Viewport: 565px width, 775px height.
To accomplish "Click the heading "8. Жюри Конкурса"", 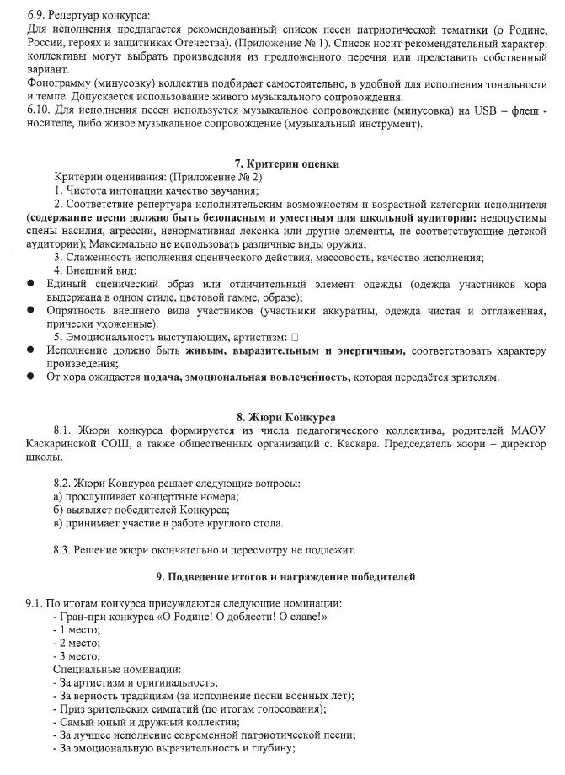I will (x=282, y=417).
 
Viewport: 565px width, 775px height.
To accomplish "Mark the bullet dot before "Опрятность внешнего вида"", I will (x=31, y=311).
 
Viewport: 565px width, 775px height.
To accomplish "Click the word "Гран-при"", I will (x=80, y=617).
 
